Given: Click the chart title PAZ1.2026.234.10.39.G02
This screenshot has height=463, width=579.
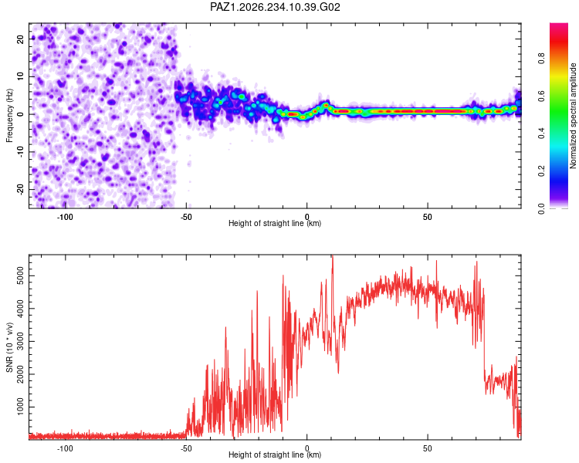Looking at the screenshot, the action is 275,7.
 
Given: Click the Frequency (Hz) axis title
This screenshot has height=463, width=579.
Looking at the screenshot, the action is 9,116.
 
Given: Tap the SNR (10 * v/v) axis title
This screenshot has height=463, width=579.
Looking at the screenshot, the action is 9,347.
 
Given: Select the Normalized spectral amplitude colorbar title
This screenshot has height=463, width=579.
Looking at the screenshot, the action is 573,116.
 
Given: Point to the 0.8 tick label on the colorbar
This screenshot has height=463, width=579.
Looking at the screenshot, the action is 541,59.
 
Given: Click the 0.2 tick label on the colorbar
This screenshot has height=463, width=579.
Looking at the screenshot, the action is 541,171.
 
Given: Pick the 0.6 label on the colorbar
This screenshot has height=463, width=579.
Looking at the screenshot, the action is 541,96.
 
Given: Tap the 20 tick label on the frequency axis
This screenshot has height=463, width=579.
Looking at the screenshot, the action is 20,39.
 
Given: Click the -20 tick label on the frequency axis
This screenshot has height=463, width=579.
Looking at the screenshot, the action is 20,189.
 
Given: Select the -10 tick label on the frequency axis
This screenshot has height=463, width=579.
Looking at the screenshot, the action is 20,151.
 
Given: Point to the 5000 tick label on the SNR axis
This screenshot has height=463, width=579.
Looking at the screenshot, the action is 20,275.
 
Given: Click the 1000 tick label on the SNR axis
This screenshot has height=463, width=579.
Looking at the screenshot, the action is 20,407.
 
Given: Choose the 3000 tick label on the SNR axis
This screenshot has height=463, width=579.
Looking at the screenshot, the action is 20,341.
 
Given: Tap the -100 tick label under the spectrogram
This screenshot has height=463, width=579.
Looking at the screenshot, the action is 65,217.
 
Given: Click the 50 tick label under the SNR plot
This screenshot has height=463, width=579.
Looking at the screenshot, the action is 427,448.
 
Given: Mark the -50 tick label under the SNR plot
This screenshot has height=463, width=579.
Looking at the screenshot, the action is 186,448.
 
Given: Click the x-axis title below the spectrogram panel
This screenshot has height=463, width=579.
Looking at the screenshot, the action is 275,223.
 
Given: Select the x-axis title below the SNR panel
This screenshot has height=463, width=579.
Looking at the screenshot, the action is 275,455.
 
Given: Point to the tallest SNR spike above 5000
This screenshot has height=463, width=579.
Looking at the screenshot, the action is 332,256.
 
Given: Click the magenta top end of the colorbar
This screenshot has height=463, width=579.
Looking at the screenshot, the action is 559,25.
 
